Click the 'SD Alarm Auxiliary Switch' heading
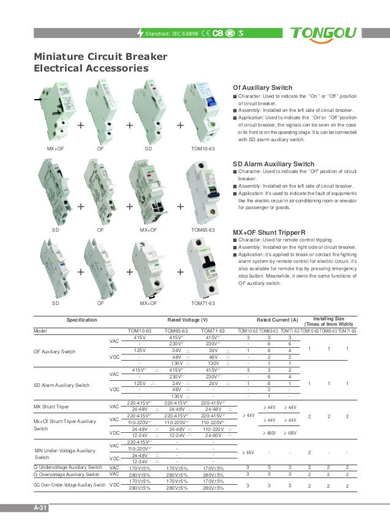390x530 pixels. pyautogui.click(x=274, y=164)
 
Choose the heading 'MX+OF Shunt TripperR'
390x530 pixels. pyautogui.click(x=269, y=233)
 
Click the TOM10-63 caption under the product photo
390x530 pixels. pyautogui.click(x=203, y=149)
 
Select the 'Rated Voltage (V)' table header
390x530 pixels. pyautogui.click(x=187, y=320)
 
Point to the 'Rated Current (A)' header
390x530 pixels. pyautogui.click(x=277, y=320)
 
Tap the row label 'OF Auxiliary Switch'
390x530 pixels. pyautogui.click(x=54, y=351)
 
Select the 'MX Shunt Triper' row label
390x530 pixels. pyautogui.click(x=51, y=406)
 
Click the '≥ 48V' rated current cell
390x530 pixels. pyautogui.click(x=248, y=453)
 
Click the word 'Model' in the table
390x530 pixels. pyautogui.click(x=40, y=331)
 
